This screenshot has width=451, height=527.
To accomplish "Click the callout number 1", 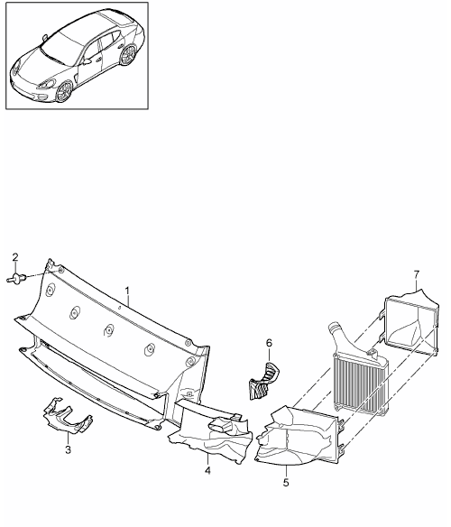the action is pyautogui.click(x=127, y=291).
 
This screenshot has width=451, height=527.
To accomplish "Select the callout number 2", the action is pyautogui.click(x=15, y=257).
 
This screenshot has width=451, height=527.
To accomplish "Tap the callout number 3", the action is pyautogui.click(x=69, y=449).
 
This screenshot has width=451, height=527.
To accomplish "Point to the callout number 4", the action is pyautogui.click(x=207, y=470).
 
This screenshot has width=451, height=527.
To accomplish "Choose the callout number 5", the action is pyautogui.click(x=286, y=483).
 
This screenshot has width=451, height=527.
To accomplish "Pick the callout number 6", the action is pyautogui.click(x=269, y=343).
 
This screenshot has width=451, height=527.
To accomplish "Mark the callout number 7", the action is pyautogui.click(x=417, y=274).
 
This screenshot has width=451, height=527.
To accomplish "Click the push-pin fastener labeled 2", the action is pyautogui.click(x=16, y=279).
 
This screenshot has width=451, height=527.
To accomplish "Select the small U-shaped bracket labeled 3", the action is pyautogui.click(x=69, y=415).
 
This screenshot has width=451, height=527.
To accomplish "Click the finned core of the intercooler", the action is pyautogui.click(x=360, y=384).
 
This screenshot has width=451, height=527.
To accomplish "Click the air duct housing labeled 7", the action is pyautogui.click(x=411, y=323).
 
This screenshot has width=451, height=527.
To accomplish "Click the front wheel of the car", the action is pyautogui.click(x=64, y=91).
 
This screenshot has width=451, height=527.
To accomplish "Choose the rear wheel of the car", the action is pyautogui.click(x=128, y=55).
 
